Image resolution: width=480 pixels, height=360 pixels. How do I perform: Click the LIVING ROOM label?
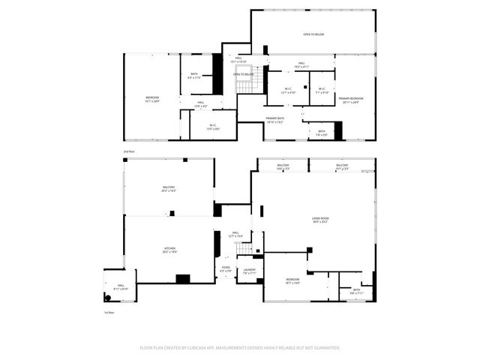[x=320, y=220]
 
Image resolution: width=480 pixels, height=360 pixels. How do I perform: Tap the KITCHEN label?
[x=170, y=250]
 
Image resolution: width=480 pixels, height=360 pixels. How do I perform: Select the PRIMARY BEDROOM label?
[x=350, y=100]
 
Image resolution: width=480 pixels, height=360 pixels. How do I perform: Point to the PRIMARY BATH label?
[x=274, y=119]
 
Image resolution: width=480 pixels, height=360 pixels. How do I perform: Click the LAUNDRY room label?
[x=249, y=271]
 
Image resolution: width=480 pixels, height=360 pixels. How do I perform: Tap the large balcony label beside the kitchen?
[x=169, y=188]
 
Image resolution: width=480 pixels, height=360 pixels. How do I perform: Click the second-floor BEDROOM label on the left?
[x=152, y=99]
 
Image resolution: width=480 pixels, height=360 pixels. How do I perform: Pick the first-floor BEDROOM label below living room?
[x=292, y=280]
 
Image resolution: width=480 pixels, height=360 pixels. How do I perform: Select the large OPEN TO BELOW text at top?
[x=313, y=34]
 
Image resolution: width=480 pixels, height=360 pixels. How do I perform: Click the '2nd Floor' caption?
[x=129, y=151]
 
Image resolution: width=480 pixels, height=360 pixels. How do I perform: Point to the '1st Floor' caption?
[x=109, y=312]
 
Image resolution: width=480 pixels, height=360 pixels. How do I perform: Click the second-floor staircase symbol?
[x=248, y=85]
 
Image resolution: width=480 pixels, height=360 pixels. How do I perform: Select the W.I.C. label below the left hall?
[x=213, y=127]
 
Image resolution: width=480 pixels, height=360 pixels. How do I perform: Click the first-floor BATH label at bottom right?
[x=355, y=291]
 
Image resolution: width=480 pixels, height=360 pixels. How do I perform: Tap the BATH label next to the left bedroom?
[x=194, y=74]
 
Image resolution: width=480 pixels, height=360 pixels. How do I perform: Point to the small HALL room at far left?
[x=120, y=288]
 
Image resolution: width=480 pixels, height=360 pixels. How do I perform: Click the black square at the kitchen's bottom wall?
[x=183, y=278]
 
